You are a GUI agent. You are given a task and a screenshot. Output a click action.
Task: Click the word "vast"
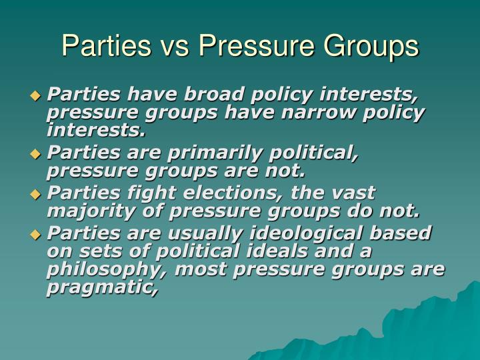350,193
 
